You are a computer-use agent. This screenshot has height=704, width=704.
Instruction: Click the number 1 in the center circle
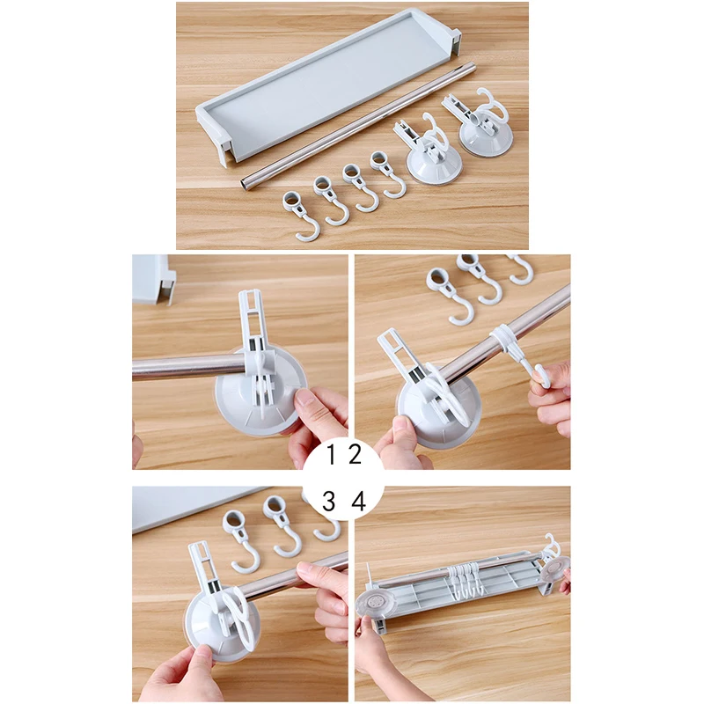tap(332, 454)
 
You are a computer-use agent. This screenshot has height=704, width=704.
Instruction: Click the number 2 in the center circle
tap(355, 454)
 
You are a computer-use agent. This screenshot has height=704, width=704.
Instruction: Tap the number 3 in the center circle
tap(329, 501)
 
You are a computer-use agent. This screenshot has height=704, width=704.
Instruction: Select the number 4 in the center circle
tap(359, 501)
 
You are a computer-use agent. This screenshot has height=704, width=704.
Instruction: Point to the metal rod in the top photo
tap(358, 127)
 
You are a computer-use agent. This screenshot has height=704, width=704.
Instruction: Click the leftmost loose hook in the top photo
tap(301, 216)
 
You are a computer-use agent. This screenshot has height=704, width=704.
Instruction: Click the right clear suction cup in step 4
tap(556, 570)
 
